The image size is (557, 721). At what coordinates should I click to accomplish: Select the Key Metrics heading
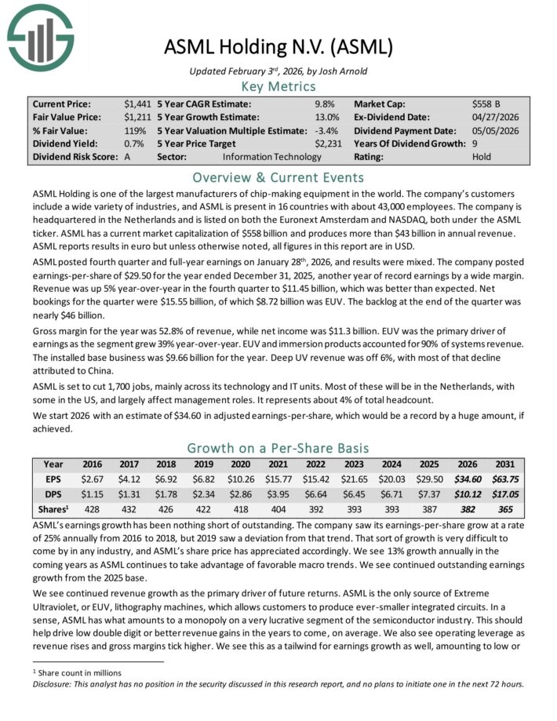[279, 86]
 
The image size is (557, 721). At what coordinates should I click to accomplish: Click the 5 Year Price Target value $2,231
[329, 144]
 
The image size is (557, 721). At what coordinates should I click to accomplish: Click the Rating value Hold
[482, 157]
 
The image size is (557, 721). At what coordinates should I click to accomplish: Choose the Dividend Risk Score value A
[127, 157]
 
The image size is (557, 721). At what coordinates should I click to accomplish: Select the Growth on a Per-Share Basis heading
[279, 448]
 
